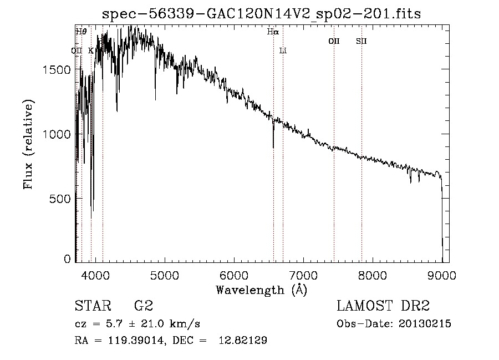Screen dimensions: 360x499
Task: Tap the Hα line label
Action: click(272, 32)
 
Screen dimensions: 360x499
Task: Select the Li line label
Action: click(283, 50)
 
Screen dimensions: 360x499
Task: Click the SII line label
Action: click(361, 41)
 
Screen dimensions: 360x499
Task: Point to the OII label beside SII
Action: click(333, 41)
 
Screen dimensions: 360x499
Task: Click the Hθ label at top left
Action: click(81, 32)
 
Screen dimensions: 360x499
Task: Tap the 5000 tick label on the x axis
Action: click(164, 275)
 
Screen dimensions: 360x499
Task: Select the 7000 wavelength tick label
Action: click(303, 275)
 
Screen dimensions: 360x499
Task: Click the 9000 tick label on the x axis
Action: click(442, 275)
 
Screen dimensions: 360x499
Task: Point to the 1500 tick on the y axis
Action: click(55, 69)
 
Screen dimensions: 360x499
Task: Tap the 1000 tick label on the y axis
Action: click(55, 134)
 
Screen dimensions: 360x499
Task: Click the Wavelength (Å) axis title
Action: click(261, 290)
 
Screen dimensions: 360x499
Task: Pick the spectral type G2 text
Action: click(143, 306)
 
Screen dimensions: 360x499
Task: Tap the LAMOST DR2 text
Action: click(383, 306)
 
